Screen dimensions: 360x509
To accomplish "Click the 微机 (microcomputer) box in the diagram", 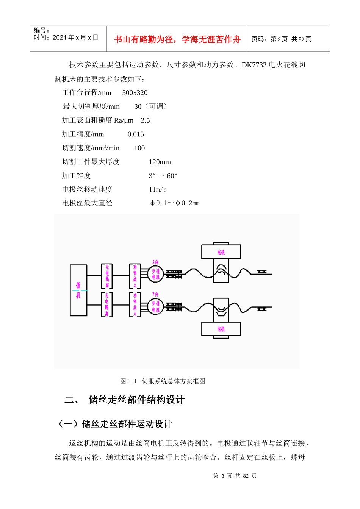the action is [x=78, y=290].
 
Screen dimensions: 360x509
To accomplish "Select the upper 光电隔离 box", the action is [x=107, y=276].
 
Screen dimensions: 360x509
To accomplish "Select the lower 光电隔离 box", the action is [x=107, y=304].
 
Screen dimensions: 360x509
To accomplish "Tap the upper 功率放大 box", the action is [x=135, y=276].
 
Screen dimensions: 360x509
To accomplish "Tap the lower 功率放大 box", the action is [x=135, y=304].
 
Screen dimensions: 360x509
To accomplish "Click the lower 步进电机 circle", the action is [x=156, y=306].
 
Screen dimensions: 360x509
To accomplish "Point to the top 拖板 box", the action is [x=221, y=252].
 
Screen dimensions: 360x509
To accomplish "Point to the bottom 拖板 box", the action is [x=221, y=329].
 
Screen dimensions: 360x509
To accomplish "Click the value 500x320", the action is [x=135, y=93].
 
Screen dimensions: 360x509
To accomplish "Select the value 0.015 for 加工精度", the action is [x=136, y=134].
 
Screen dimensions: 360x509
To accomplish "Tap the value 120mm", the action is [x=160, y=162].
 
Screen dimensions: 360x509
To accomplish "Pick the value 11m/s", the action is [x=158, y=189].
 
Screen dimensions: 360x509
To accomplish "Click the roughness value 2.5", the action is [x=145, y=120].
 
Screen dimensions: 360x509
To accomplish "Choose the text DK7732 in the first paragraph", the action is [x=254, y=65].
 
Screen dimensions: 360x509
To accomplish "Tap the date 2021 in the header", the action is [x=59, y=37].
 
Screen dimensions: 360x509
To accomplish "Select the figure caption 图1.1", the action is [x=128, y=381].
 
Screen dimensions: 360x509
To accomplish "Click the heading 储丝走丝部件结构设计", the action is [x=136, y=400].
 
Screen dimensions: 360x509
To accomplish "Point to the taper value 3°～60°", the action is [x=163, y=176].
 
